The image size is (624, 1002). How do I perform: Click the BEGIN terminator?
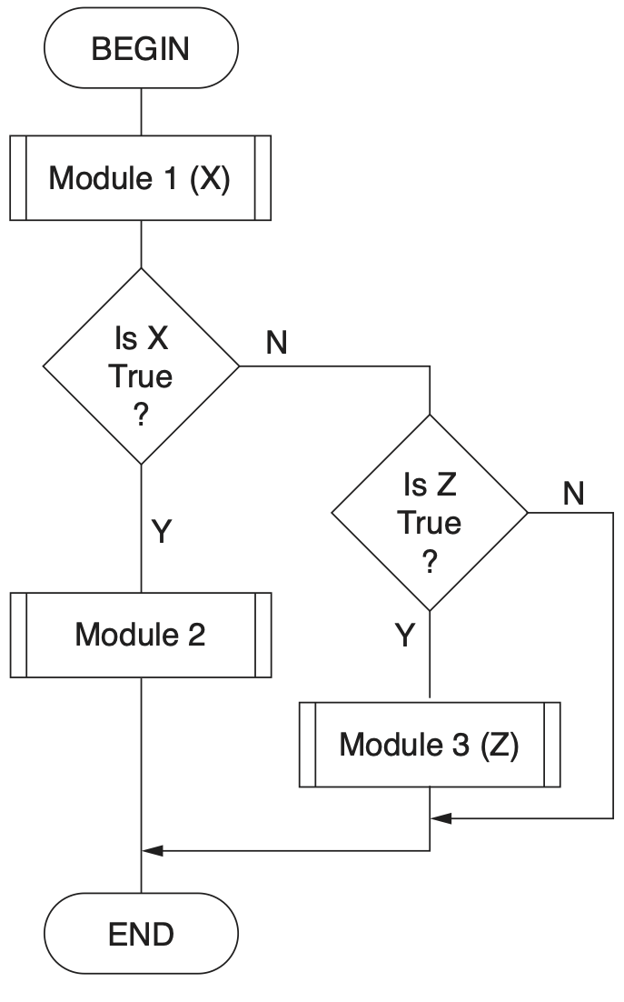tap(141, 49)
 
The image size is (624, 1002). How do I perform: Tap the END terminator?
tap(141, 934)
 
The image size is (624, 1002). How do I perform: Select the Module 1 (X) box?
tap(141, 178)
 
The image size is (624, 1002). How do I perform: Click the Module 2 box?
tap(141, 635)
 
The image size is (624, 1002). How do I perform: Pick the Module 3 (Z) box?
tap(430, 745)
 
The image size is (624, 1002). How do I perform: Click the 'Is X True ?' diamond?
tap(141, 366)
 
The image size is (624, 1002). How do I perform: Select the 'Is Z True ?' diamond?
tap(430, 513)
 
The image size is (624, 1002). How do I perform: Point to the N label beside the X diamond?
tap(278, 345)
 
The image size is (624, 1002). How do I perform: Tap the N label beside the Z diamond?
tap(572, 494)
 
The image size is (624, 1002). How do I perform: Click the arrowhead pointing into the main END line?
tap(153, 850)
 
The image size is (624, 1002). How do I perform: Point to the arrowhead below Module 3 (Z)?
tap(441, 818)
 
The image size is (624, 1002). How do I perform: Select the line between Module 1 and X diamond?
tap(141, 244)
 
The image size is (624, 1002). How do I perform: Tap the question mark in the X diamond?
tap(141, 415)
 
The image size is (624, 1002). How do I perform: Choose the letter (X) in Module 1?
tap(210, 178)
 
